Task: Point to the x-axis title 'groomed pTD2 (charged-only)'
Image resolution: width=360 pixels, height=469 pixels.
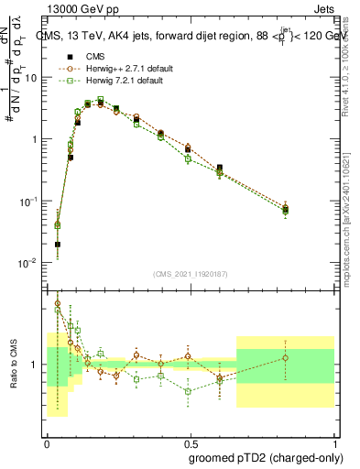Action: (261, 457)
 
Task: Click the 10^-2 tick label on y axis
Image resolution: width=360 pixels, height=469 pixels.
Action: (27, 263)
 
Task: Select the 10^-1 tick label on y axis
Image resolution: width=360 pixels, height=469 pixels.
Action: (27, 201)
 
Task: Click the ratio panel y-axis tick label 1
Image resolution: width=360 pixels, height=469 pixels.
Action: (36, 365)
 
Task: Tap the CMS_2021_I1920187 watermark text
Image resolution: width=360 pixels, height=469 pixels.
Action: (191, 274)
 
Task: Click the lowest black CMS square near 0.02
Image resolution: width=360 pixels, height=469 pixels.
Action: (58, 245)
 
